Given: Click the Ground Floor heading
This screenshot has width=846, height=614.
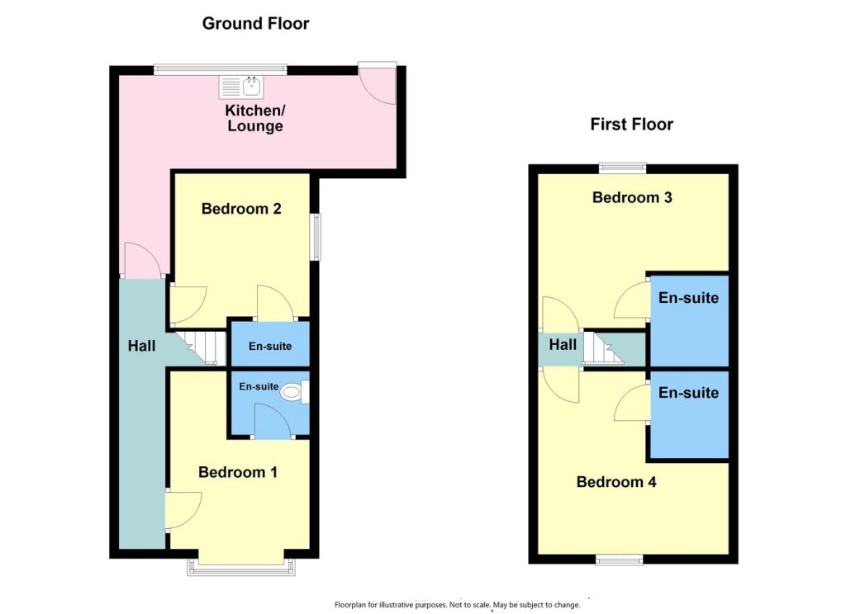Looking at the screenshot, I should click(x=255, y=24).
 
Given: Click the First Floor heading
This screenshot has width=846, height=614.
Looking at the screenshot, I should click(x=631, y=125).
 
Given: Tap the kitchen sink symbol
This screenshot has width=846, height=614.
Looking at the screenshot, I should click(x=240, y=85).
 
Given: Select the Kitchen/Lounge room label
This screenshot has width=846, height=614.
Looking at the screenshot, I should click(x=255, y=118).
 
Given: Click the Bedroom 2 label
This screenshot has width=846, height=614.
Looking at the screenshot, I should click(x=241, y=209).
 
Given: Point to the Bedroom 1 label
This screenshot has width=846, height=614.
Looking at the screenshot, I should click(x=237, y=472).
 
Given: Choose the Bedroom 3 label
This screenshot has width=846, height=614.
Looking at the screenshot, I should click(x=632, y=197).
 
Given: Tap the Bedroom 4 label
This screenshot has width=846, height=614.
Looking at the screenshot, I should click(x=616, y=482).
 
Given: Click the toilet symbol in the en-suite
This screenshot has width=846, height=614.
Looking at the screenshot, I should click(x=292, y=394).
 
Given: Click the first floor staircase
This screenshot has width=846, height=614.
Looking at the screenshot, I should click(x=601, y=348).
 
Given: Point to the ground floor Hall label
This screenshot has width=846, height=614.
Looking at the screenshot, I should click(x=141, y=347).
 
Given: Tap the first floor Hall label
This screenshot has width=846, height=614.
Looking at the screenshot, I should click(x=563, y=344).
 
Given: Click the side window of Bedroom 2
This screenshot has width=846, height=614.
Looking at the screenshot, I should click(x=316, y=238).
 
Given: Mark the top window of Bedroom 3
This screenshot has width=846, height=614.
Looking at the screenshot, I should click(x=622, y=168).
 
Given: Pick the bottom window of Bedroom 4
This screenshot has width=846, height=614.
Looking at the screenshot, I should click(x=620, y=560).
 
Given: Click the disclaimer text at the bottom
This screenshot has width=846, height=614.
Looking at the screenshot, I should click(x=457, y=605).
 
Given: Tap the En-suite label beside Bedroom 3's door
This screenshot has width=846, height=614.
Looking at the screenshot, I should click(x=687, y=298).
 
